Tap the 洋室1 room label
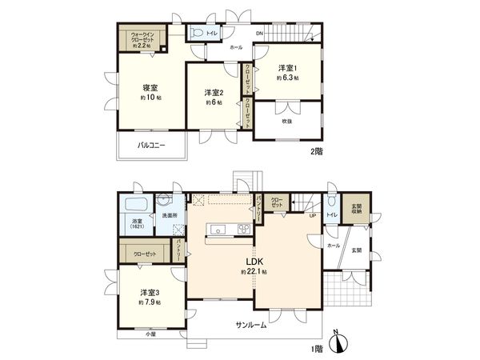click(287, 68)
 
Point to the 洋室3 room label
click(148, 293)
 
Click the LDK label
click(254, 262)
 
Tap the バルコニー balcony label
click(150, 145)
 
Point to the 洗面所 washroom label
click(169, 216)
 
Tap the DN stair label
click(259, 33)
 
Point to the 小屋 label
click(150, 334)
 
